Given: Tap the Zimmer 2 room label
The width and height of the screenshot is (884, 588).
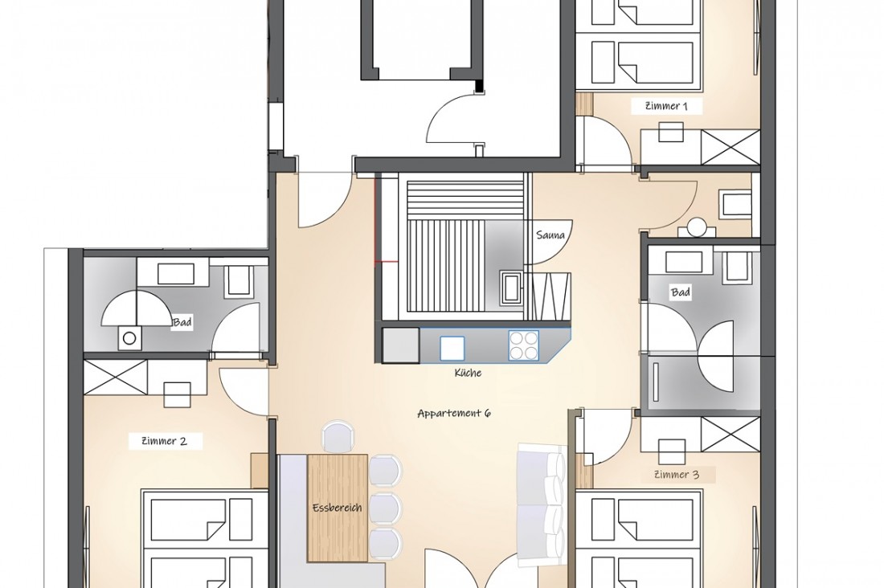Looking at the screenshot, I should point(164,440).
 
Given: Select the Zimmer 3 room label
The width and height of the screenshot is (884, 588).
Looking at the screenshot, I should point(677,474).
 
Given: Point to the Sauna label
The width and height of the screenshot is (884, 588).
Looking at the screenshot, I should point(551,235).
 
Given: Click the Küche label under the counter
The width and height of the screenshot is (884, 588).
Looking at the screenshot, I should point(468,373).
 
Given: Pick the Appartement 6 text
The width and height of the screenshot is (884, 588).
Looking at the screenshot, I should point(453,413).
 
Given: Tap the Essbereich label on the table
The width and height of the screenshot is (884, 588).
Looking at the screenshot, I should point(338,508).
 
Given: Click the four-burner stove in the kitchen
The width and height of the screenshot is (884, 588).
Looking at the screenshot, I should point(523,346).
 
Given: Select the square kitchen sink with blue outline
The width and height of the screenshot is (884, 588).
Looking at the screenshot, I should point(452,347).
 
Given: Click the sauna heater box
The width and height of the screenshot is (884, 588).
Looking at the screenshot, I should point(510,286).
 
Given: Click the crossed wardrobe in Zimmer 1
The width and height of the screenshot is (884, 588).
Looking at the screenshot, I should point(730,146).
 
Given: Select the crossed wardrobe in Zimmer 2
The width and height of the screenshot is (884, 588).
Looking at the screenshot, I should point(116,377).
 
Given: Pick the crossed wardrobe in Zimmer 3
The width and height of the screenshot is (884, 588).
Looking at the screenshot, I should point(730,435).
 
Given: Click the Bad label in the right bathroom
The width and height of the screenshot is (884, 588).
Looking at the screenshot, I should point(681,292).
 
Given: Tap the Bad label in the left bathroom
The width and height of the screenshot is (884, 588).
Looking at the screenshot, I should point(182,322).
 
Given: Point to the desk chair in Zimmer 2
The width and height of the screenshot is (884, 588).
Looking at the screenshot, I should point(177,394).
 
